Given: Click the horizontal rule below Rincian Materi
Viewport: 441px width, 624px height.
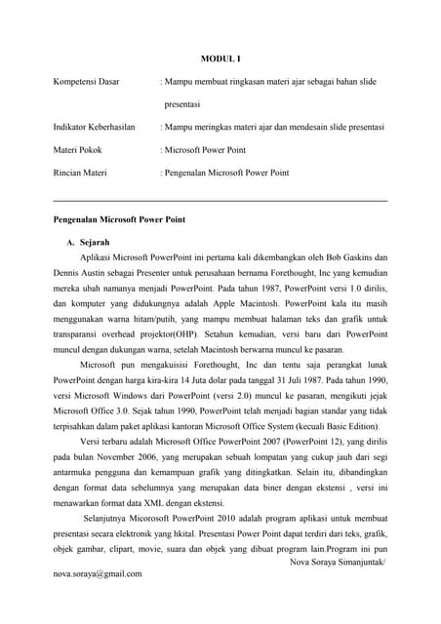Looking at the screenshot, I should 220,201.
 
